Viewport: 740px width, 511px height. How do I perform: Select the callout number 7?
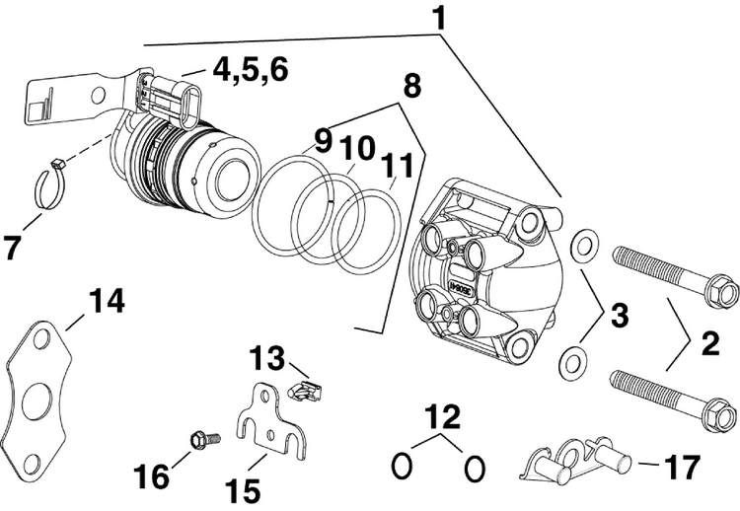14,248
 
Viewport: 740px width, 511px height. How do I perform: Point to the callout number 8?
411,87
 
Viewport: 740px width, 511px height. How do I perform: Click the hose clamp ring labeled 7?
51,186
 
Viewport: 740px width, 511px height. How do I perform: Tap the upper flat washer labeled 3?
584,241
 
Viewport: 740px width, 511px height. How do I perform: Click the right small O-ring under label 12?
475,466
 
